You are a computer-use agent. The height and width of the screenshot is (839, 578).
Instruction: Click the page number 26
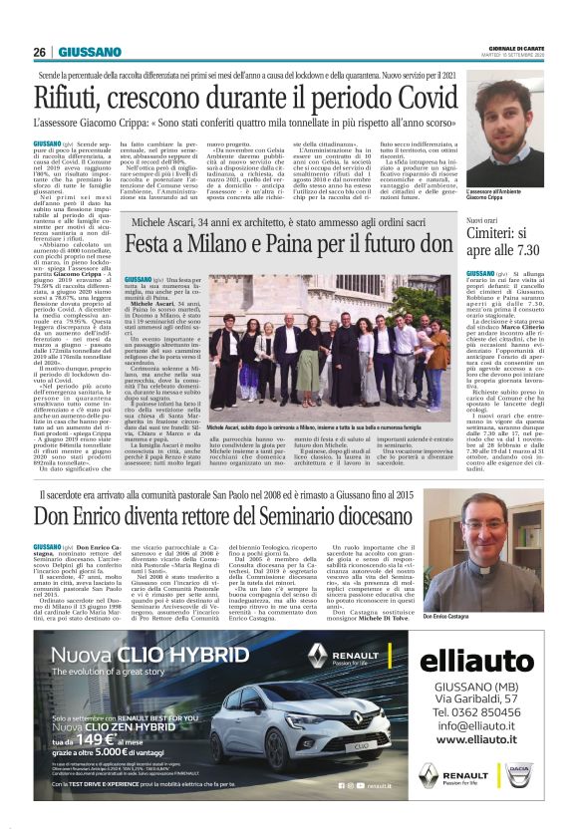coord(39,52)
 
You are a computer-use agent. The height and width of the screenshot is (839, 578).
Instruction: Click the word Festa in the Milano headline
coord(158,243)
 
